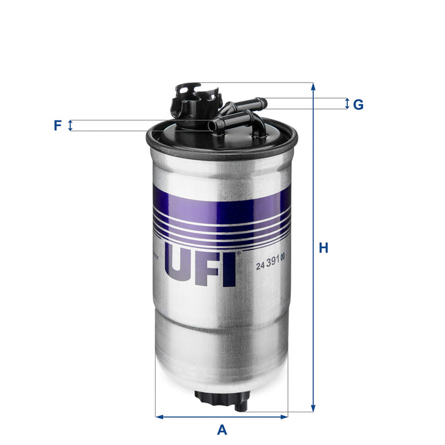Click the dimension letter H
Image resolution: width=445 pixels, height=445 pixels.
point(323,248)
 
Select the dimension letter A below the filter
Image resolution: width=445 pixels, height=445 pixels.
point(222,429)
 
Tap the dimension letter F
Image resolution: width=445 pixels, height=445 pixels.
point(58,126)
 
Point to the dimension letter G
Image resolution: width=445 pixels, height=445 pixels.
point(358,105)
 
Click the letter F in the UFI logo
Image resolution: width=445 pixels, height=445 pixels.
point(207,264)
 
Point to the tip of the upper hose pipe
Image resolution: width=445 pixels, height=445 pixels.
point(262,104)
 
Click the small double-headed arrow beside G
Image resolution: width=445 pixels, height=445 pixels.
point(347,104)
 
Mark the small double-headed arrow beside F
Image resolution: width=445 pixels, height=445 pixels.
point(70,126)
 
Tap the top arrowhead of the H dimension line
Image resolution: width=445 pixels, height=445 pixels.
point(314,86)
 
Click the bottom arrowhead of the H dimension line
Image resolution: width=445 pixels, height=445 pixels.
point(314,410)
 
